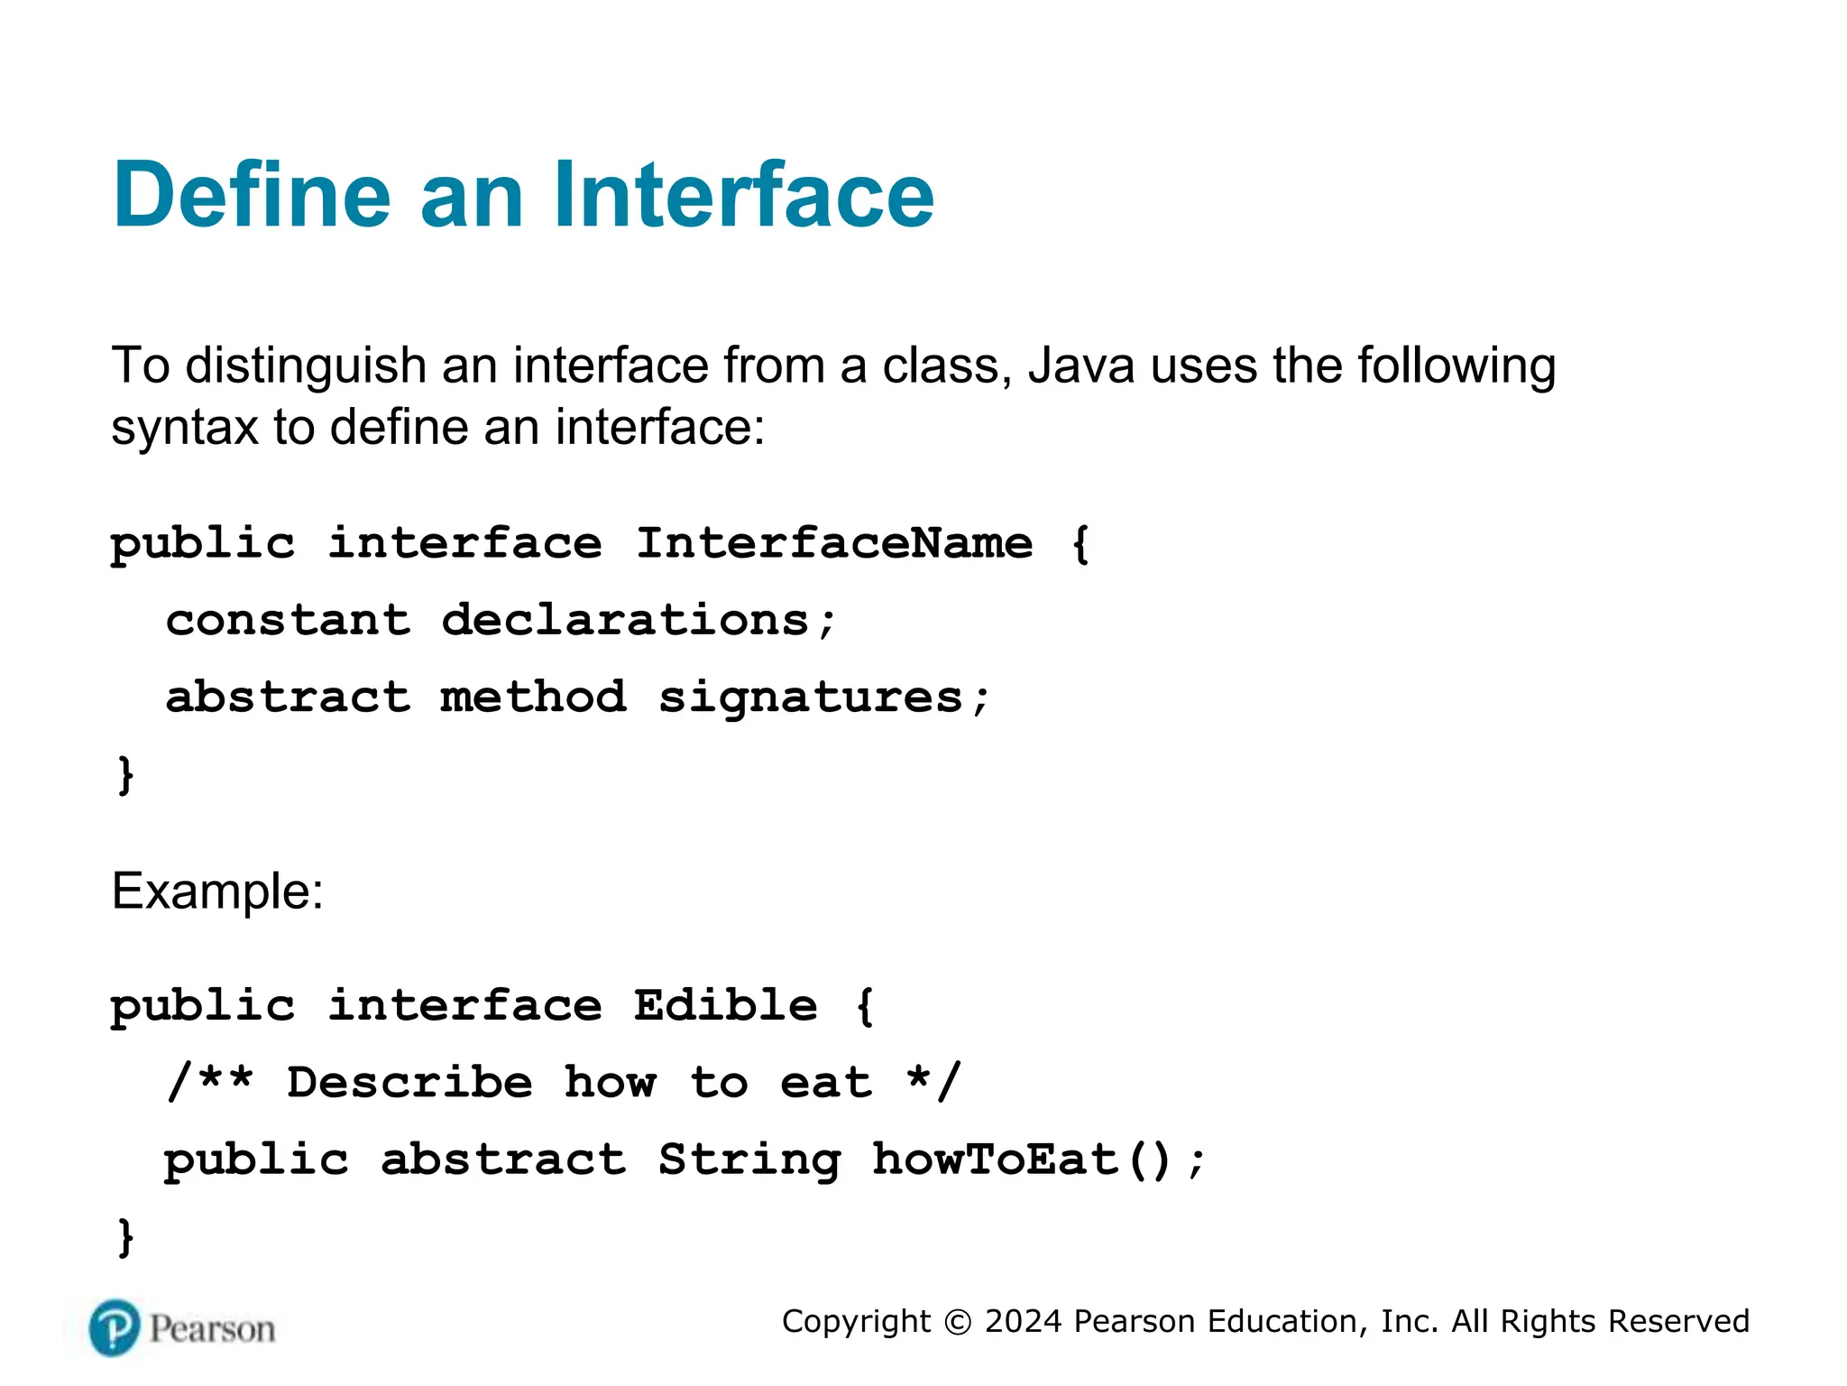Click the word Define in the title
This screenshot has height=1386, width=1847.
[252, 195]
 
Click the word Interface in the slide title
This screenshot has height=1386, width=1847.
[743, 195]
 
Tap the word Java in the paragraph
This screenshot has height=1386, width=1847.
[1080, 366]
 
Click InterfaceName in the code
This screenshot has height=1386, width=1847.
[834, 543]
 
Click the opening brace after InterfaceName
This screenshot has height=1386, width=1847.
[1080, 544]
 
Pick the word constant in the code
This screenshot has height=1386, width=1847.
[288, 620]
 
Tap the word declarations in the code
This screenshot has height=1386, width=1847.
[626, 620]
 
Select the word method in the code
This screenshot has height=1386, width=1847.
[533, 697]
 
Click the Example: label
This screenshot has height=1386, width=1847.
[217, 892]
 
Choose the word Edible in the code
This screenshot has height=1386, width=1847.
[726, 1005]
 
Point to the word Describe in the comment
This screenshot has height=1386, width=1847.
[409, 1082]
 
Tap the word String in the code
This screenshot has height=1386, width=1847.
[749, 1160]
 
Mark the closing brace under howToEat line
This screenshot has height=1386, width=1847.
[125, 1236]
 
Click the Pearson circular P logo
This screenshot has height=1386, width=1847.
[115, 1328]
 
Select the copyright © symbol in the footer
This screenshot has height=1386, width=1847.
[957, 1322]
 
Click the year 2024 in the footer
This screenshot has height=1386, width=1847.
[1023, 1322]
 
